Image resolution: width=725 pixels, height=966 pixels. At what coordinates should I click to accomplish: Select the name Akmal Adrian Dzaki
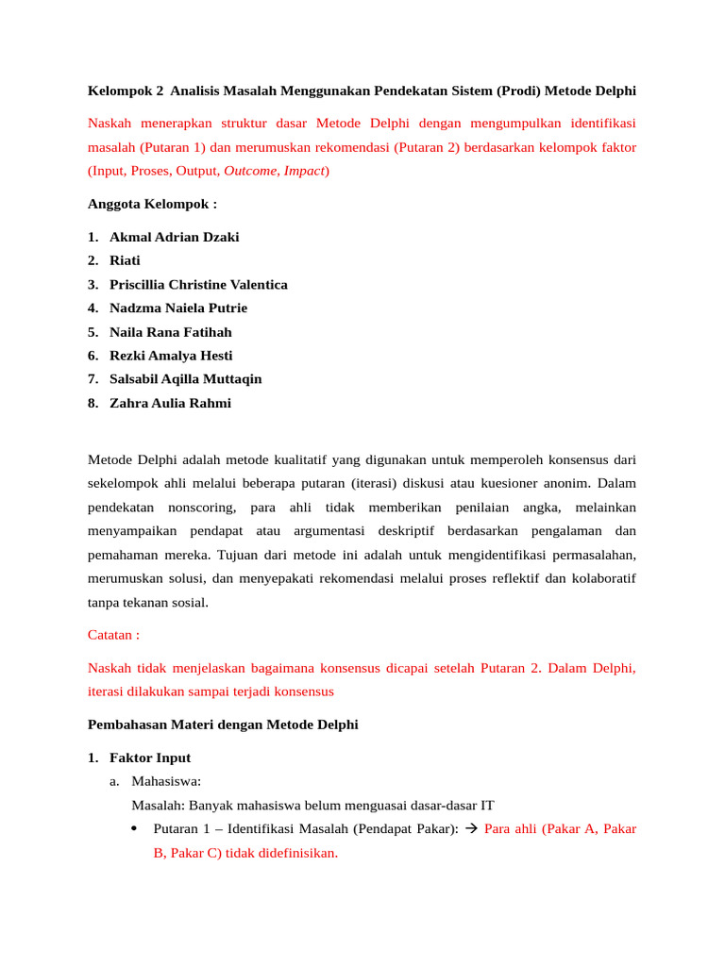point(174,237)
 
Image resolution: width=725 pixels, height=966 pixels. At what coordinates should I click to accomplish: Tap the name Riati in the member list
point(125,260)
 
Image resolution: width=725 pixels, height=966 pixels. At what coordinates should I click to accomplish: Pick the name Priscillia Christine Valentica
point(198,284)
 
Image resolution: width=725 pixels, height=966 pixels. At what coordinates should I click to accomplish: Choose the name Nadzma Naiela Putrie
point(178,308)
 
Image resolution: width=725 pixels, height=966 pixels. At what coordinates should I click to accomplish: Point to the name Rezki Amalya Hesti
point(171,356)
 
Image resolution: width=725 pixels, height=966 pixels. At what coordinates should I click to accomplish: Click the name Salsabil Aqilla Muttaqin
point(186,379)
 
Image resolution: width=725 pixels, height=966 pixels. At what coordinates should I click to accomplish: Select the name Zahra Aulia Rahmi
point(170,403)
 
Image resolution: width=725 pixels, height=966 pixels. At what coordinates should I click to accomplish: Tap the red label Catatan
point(113,636)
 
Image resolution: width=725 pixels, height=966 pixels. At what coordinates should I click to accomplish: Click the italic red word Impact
point(304,171)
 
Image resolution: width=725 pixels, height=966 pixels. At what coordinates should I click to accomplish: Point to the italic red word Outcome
point(250,171)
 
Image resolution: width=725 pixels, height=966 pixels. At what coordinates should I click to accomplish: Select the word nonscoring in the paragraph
point(202,508)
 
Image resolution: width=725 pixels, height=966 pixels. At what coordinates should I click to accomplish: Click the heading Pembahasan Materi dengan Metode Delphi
point(223,724)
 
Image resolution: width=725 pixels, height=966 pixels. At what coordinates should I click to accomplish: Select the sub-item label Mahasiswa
point(166,781)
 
